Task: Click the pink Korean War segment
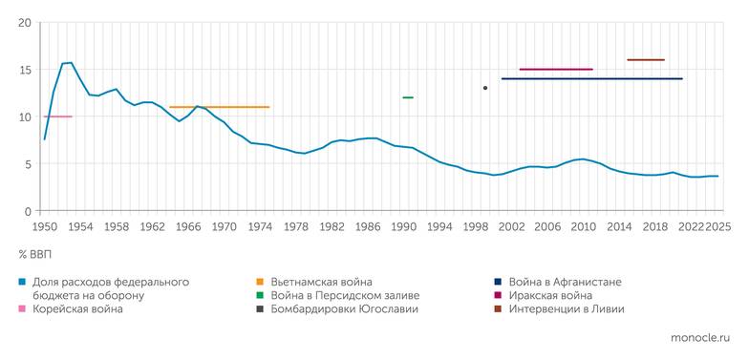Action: [57, 116]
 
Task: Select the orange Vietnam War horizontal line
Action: [219, 107]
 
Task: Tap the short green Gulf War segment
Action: [408, 97]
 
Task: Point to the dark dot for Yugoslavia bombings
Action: [485, 88]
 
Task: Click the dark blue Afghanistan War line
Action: [591, 78]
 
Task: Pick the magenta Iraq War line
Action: [556, 69]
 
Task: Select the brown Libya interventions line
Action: [646, 59]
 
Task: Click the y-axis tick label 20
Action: [25, 23]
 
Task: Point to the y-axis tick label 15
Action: [25, 70]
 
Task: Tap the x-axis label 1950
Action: [45, 226]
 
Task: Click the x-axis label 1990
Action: [403, 226]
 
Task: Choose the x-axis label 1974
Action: [260, 226]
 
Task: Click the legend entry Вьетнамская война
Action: [321, 282]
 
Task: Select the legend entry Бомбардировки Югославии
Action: [344, 310]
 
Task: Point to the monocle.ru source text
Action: [699, 338]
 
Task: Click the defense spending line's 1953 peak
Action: [71, 63]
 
